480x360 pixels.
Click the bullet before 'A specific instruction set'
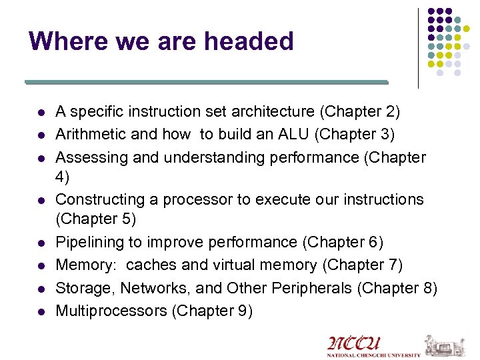pyautogui.click(x=41, y=111)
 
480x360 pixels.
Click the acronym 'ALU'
pyautogui.click(x=293, y=134)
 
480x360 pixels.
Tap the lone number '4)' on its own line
pyautogui.click(x=63, y=178)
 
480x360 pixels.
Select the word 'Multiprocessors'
pyautogui.click(x=111, y=311)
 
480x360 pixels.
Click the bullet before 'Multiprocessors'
pyautogui.click(x=41, y=311)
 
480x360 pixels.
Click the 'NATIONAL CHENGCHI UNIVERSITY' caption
pyautogui.click(x=373, y=355)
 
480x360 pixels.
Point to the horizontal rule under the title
pyautogui.click(x=207, y=82)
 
